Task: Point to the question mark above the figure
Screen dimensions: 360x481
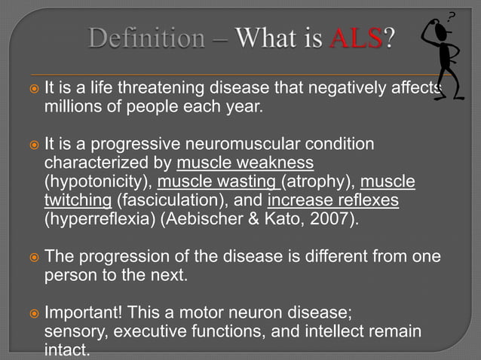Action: click(452, 15)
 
